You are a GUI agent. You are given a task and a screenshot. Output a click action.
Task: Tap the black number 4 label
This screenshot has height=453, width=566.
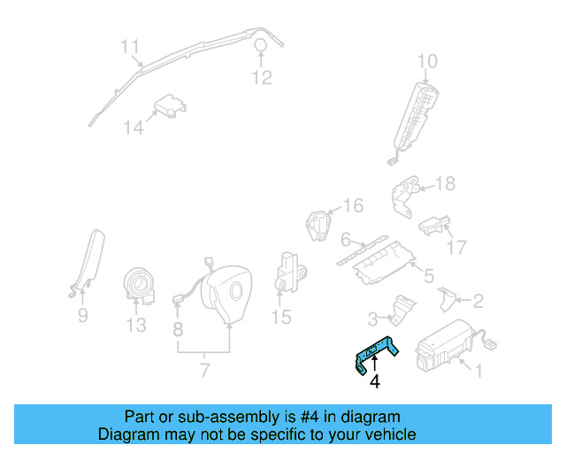click(x=375, y=382)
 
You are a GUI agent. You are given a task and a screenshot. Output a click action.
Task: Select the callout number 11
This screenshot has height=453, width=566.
click(x=131, y=46)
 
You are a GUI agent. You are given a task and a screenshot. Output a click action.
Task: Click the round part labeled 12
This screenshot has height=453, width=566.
click(x=261, y=46)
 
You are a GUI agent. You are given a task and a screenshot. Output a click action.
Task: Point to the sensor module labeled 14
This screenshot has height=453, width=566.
click(x=169, y=109)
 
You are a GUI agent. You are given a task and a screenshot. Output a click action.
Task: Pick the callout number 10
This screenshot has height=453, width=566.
click(x=427, y=61)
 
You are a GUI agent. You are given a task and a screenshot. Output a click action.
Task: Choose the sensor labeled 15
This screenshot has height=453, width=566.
click(x=289, y=270)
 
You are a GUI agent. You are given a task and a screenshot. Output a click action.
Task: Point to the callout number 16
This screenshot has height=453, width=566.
click(x=353, y=206)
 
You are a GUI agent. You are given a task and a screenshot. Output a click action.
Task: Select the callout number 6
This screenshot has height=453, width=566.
click(x=347, y=239)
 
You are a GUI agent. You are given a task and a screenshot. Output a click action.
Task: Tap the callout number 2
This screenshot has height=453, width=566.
click(x=478, y=301)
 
